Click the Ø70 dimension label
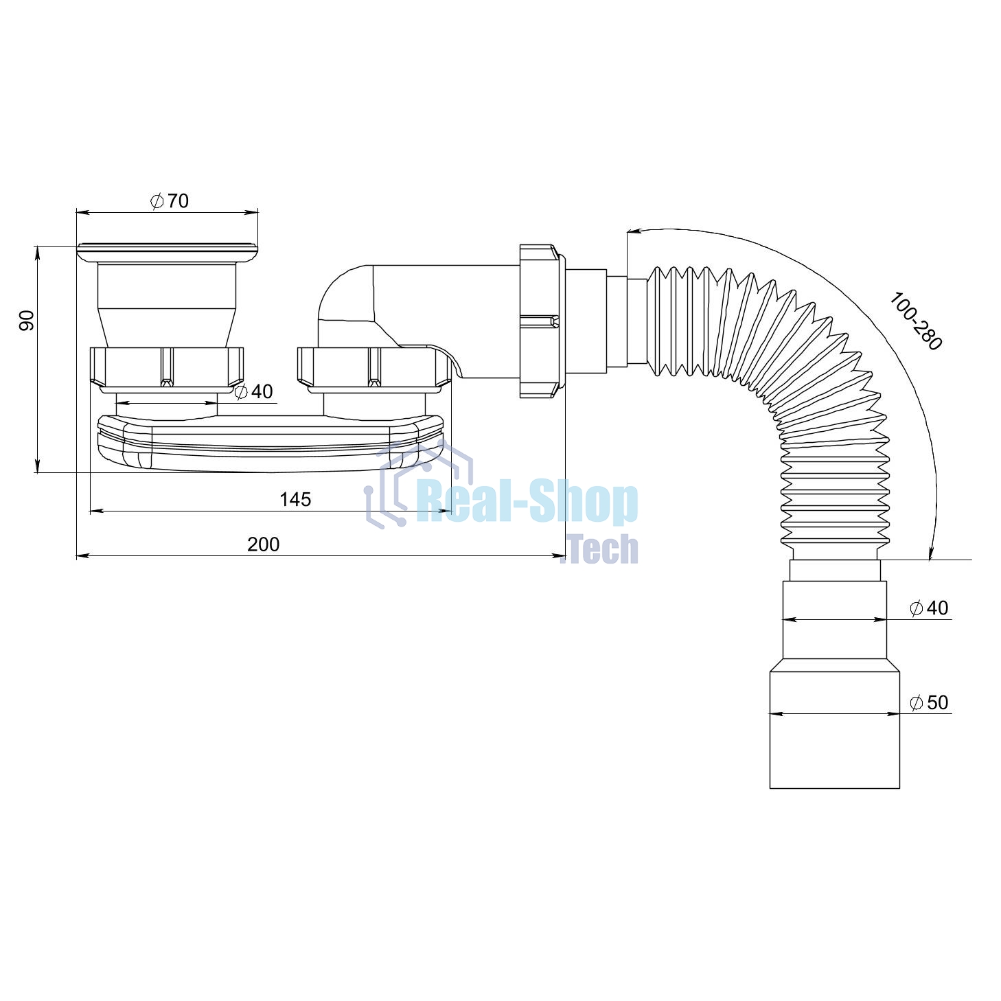pyautogui.click(x=170, y=201)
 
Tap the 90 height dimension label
pyautogui.click(x=27, y=321)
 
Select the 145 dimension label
pyautogui.click(x=295, y=499)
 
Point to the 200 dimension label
pyautogui.click(x=264, y=544)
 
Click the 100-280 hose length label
pyautogui.click(x=915, y=321)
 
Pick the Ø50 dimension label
pyautogui.click(x=930, y=702)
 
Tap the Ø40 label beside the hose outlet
pyautogui.click(x=930, y=608)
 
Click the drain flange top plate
pyautogui.click(x=168, y=253)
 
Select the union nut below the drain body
pyautogui.click(x=167, y=367)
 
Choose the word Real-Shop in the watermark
pyautogui.click(x=527, y=503)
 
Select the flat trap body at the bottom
pyautogui.click(x=271, y=443)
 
